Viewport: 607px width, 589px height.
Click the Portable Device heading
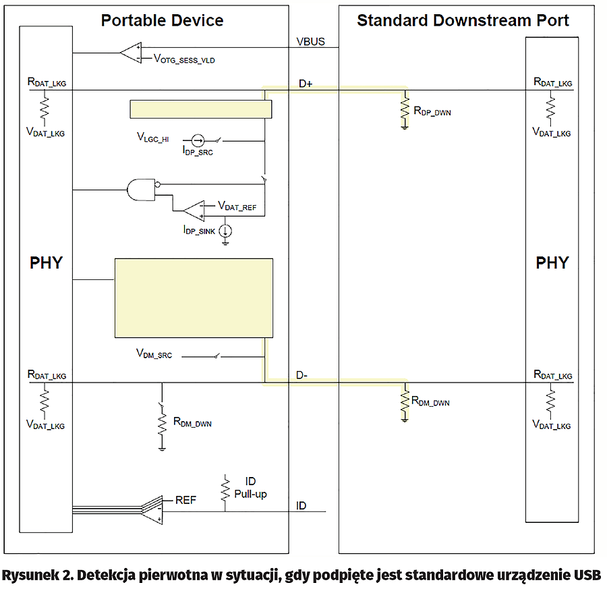tap(162, 20)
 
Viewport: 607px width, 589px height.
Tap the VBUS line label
tap(310, 42)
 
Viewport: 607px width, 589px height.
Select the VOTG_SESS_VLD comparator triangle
tap(131, 52)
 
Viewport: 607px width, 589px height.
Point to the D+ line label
tap(307, 84)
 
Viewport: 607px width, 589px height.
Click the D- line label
tap(303, 375)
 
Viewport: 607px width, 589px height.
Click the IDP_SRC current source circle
tap(196, 140)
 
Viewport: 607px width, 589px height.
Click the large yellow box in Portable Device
tap(194, 297)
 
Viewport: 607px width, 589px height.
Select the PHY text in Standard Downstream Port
tap(552, 263)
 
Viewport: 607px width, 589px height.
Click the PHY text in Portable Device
tap(46, 263)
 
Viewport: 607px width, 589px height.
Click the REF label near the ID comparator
tap(186, 500)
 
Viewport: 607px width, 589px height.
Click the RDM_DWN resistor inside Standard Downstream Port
tap(405, 399)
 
